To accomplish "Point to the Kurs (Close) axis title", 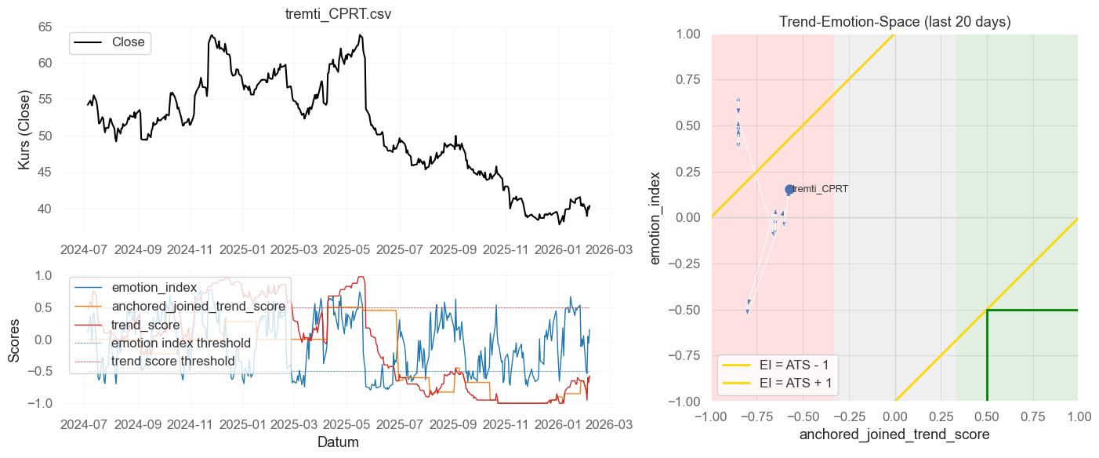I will point(24,136).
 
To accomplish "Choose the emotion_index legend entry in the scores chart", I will point(154,287).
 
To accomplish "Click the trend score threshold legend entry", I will point(172,362).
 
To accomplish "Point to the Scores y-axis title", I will point(14,339).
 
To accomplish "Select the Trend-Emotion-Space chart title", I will point(894,23).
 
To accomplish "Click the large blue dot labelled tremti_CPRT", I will point(789,190).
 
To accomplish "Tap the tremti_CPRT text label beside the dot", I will point(821,189).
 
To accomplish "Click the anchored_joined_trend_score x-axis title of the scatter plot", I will point(894,434).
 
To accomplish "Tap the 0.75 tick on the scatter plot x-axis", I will point(1032,415).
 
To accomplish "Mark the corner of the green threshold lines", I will point(987,310).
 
